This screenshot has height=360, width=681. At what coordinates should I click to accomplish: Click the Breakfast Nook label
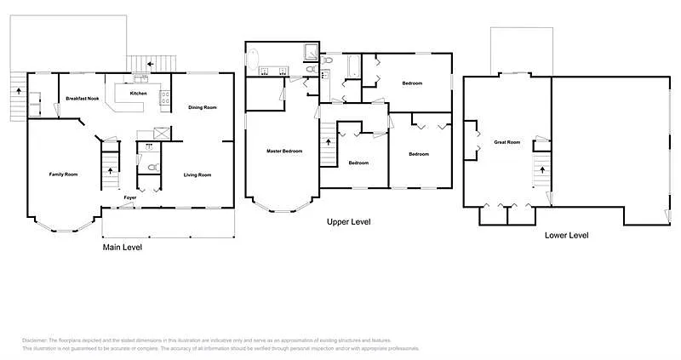83,100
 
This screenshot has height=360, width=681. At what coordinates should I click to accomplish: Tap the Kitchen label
139,93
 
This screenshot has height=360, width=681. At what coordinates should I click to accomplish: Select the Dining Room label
203,107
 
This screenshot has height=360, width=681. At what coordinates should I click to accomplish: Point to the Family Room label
63,174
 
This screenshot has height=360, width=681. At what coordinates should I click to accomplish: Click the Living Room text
197,175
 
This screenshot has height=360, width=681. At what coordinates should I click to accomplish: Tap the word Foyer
130,197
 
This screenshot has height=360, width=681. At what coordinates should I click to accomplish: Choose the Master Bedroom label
284,151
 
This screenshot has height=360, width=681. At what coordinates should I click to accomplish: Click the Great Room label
506,142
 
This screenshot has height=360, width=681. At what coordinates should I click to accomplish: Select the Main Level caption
123,248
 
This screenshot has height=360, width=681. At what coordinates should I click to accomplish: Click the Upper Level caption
348,222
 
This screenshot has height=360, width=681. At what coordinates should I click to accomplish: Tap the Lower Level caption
566,235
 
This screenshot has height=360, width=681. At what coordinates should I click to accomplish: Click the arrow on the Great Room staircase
541,169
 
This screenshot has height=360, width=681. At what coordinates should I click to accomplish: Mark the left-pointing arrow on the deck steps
150,63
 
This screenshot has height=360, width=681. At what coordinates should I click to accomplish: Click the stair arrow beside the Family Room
110,171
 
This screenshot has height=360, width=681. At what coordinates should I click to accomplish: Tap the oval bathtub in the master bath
253,60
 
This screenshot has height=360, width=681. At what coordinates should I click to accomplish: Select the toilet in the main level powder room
151,168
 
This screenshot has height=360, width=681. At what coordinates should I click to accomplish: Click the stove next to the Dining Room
166,99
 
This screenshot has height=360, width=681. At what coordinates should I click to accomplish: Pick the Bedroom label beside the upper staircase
358,163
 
